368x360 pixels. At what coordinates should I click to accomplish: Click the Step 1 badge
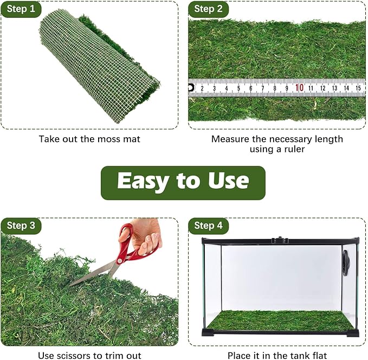pyautogui.click(x=21, y=9)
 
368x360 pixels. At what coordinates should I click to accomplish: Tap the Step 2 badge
pyautogui.click(x=209, y=9)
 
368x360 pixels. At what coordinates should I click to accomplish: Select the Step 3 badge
pyautogui.click(x=21, y=226)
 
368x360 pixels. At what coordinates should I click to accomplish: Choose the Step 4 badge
pyautogui.click(x=209, y=226)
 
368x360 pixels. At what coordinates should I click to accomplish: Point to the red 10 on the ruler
pyautogui.click(x=299, y=87)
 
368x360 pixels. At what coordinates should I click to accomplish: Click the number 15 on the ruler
pyautogui.click(x=359, y=87)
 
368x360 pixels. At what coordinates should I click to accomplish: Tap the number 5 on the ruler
pyautogui.click(x=239, y=88)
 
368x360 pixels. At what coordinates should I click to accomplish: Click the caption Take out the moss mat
pyautogui.click(x=89, y=139)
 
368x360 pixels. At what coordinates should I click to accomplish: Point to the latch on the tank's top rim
pyautogui.click(x=278, y=239)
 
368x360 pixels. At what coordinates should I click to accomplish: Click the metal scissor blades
pyautogui.click(x=92, y=274)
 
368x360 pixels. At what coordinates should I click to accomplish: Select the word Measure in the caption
pyautogui.click(x=228, y=139)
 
